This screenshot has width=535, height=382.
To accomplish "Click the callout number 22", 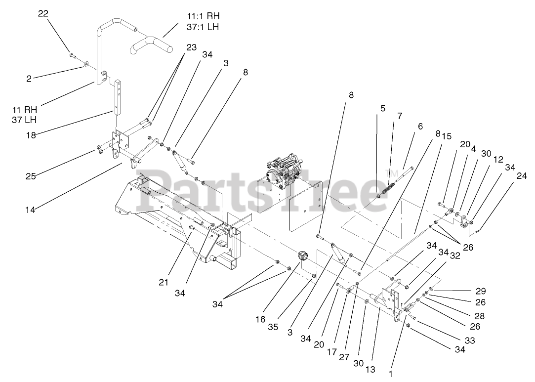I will pos(43,14).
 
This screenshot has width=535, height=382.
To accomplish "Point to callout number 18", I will pos(31,135).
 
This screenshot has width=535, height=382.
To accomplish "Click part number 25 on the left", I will pos(31,175).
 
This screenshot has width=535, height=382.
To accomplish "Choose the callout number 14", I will pos(31,209).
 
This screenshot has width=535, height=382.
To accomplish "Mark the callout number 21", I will pos(164,282).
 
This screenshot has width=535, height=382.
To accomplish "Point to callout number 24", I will pos(522,175).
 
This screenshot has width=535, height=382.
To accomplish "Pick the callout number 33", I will pos(469,340).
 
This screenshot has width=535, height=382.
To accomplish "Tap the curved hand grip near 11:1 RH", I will pos(152,45).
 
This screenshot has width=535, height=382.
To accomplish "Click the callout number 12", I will pos(498,159).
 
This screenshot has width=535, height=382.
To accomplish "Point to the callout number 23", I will pos(191,48).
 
